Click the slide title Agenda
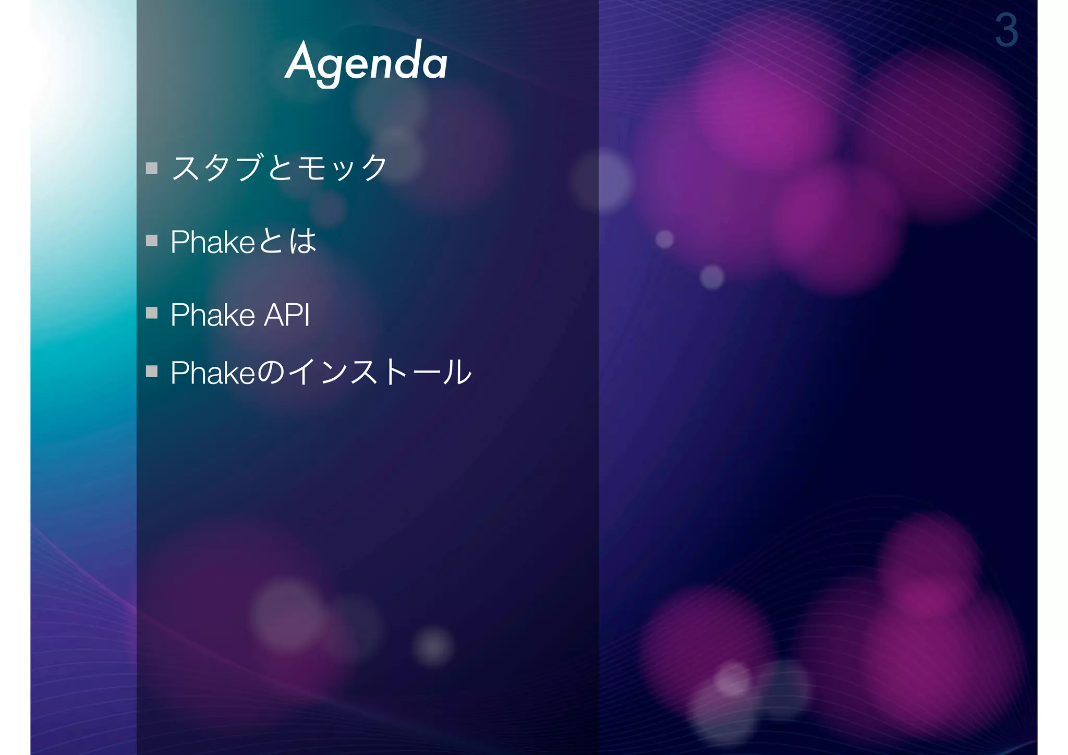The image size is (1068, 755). click(x=366, y=63)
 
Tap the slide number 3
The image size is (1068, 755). click(x=1006, y=30)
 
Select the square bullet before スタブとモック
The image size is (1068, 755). click(x=152, y=168)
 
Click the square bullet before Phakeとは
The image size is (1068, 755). click(x=152, y=241)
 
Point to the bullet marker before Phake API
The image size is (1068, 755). click(x=152, y=313)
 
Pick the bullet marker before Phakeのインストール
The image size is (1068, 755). click(x=152, y=371)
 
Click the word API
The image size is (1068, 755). click(x=287, y=315)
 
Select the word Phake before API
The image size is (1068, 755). click(x=213, y=315)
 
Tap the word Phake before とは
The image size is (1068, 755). click(x=213, y=242)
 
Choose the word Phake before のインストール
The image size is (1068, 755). click(x=213, y=373)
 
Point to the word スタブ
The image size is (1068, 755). click(x=216, y=168)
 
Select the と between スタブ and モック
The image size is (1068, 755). click(x=281, y=168)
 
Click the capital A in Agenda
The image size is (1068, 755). click(x=300, y=61)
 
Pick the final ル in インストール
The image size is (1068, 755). click(x=457, y=373)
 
